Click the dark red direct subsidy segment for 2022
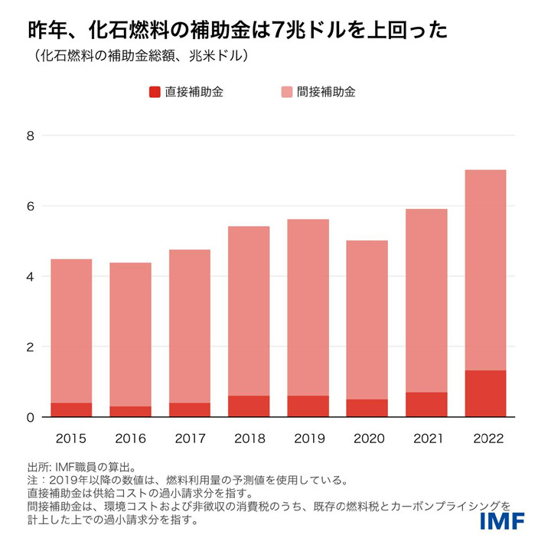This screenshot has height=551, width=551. [486, 393]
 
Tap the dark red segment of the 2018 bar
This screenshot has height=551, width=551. [249, 406]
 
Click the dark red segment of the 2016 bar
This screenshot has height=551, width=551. [131, 412]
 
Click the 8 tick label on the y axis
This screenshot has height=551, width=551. [31, 136]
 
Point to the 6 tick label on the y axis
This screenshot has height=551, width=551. [31, 207]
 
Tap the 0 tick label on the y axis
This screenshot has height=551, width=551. [31, 418]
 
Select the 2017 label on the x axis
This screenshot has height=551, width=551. [190, 439]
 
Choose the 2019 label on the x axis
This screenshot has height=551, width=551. [308, 439]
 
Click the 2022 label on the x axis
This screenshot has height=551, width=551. [486, 439]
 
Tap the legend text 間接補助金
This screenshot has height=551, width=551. [327, 92]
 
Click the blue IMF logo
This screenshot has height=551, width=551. [502, 521]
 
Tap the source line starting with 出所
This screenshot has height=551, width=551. [81, 467]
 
